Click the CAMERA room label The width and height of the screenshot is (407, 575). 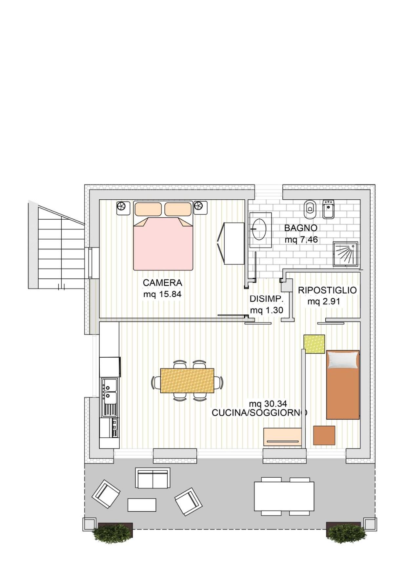tap(162, 283)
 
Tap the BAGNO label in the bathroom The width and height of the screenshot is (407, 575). tap(301, 228)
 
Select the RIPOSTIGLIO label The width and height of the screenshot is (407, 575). tap(327, 290)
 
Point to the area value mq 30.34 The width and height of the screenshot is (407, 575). tap(268, 404)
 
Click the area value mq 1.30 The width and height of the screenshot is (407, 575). tap(266, 310)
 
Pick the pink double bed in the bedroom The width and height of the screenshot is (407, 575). tap(163, 236)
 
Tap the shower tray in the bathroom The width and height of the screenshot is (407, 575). tap(345, 254)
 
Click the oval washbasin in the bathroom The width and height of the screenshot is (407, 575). tap(260, 229)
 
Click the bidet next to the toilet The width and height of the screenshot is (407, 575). tap(328, 209)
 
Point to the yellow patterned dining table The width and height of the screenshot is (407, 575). tap(187, 380)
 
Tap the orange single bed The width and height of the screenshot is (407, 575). tap(343, 385)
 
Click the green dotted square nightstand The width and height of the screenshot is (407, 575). tap(314, 344)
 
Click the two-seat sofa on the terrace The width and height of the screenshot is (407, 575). tap(153, 478)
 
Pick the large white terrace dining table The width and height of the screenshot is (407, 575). tap(284, 496)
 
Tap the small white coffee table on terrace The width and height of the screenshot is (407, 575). tap(142, 505)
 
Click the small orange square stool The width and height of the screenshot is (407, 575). tap(324, 435)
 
